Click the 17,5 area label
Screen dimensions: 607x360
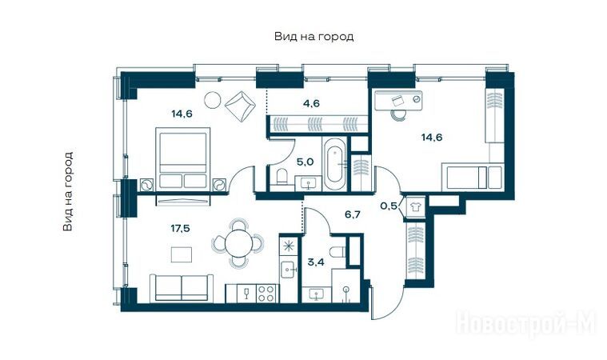click(x=181, y=228)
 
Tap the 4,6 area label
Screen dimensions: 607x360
click(x=311, y=103)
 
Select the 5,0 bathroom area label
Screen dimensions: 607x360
click(x=305, y=162)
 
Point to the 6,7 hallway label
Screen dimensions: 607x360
click(x=352, y=214)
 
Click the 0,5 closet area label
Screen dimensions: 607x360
click(x=389, y=206)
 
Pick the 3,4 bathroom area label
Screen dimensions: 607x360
click(x=316, y=262)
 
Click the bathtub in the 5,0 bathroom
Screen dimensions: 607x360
click(x=334, y=164)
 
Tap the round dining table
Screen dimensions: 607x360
click(x=238, y=243)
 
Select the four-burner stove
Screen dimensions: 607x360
click(x=266, y=293)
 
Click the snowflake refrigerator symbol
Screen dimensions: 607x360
click(x=288, y=246)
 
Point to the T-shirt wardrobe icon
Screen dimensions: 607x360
click(x=415, y=206)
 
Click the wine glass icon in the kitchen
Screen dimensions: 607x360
click(x=246, y=293)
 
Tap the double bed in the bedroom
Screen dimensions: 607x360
click(x=182, y=159)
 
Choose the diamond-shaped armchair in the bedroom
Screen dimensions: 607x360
click(x=241, y=106)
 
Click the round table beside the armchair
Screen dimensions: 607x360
click(x=213, y=100)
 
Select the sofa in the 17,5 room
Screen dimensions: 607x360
click(x=182, y=288)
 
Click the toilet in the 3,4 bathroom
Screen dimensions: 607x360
click(x=337, y=252)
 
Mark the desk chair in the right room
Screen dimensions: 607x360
click(x=398, y=114)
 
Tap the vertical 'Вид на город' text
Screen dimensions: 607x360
click(x=68, y=191)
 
